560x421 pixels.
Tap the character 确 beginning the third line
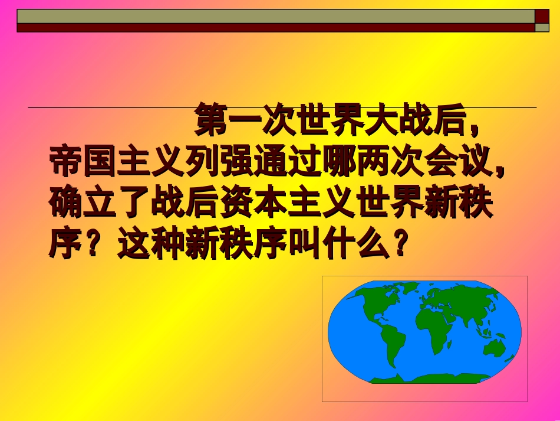pos(65,203)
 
